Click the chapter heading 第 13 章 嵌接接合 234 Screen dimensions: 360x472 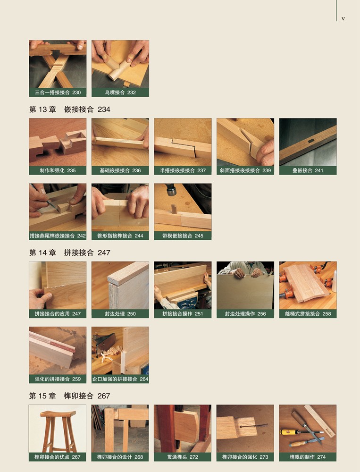tap(69, 110)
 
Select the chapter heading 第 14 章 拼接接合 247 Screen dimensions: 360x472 tap(69, 253)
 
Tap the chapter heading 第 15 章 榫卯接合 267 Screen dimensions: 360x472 tap(69, 396)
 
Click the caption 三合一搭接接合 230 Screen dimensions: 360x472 tap(58, 93)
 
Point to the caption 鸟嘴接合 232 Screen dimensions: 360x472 tap(120, 93)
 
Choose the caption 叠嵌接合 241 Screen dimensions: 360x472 tap(308, 170)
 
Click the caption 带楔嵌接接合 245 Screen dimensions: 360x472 tap(183, 236)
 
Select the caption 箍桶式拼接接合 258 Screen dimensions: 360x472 tap(308, 314)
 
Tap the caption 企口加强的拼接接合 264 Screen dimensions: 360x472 tap(120, 379)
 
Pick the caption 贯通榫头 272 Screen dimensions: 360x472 tap(183, 457)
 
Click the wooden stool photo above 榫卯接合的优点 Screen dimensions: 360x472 tap(58, 429)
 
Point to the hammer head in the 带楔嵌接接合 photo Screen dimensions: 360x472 tap(171, 190)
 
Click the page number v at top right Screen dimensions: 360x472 tap(343, 19)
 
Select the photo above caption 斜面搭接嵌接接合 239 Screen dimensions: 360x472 tap(245, 142)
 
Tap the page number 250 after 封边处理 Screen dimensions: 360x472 tap(131, 314)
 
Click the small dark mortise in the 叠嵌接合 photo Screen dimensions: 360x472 tap(310, 141)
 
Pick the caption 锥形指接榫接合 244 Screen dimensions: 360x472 tap(120, 236)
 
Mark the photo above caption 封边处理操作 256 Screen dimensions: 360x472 tap(245, 286)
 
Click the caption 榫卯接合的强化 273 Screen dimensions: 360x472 tap(245, 457)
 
